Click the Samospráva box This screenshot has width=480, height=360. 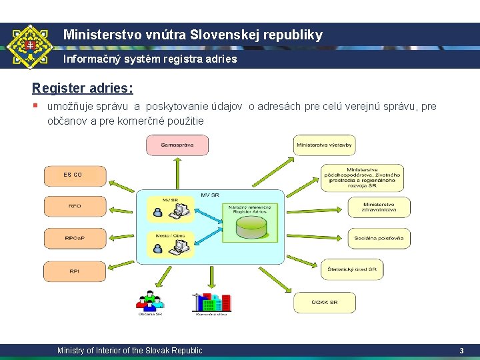coord(177,145)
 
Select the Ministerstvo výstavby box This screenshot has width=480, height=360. coord(325,145)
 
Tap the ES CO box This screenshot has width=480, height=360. coord(75,175)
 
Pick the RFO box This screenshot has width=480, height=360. coord(75,207)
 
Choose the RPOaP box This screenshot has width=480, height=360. coord(75,238)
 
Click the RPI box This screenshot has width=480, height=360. coord(75,271)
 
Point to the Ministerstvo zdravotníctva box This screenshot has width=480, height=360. coord(379,207)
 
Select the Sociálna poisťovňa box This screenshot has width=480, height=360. coord(379,238)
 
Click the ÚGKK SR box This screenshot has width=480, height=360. coord(325,302)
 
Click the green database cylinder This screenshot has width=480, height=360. coord(251,227)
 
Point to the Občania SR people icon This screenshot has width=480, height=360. coord(149,302)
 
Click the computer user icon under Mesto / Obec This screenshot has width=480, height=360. coord(169,247)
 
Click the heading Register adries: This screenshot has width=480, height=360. coord(83,88)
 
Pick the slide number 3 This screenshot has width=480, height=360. coord(461,351)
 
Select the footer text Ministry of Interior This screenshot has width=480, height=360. coord(129,351)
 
